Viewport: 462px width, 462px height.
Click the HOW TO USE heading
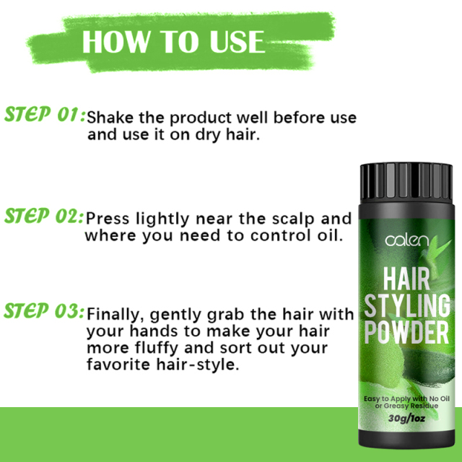click(173, 41)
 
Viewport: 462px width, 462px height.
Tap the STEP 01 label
click(45, 115)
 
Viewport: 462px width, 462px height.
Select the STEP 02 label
click(45, 216)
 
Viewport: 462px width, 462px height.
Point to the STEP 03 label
click(45, 312)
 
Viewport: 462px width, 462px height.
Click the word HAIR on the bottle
click(406, 276)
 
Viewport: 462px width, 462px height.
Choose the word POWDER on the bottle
click(406, 333)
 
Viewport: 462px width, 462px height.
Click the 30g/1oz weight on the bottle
click(406, 418)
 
